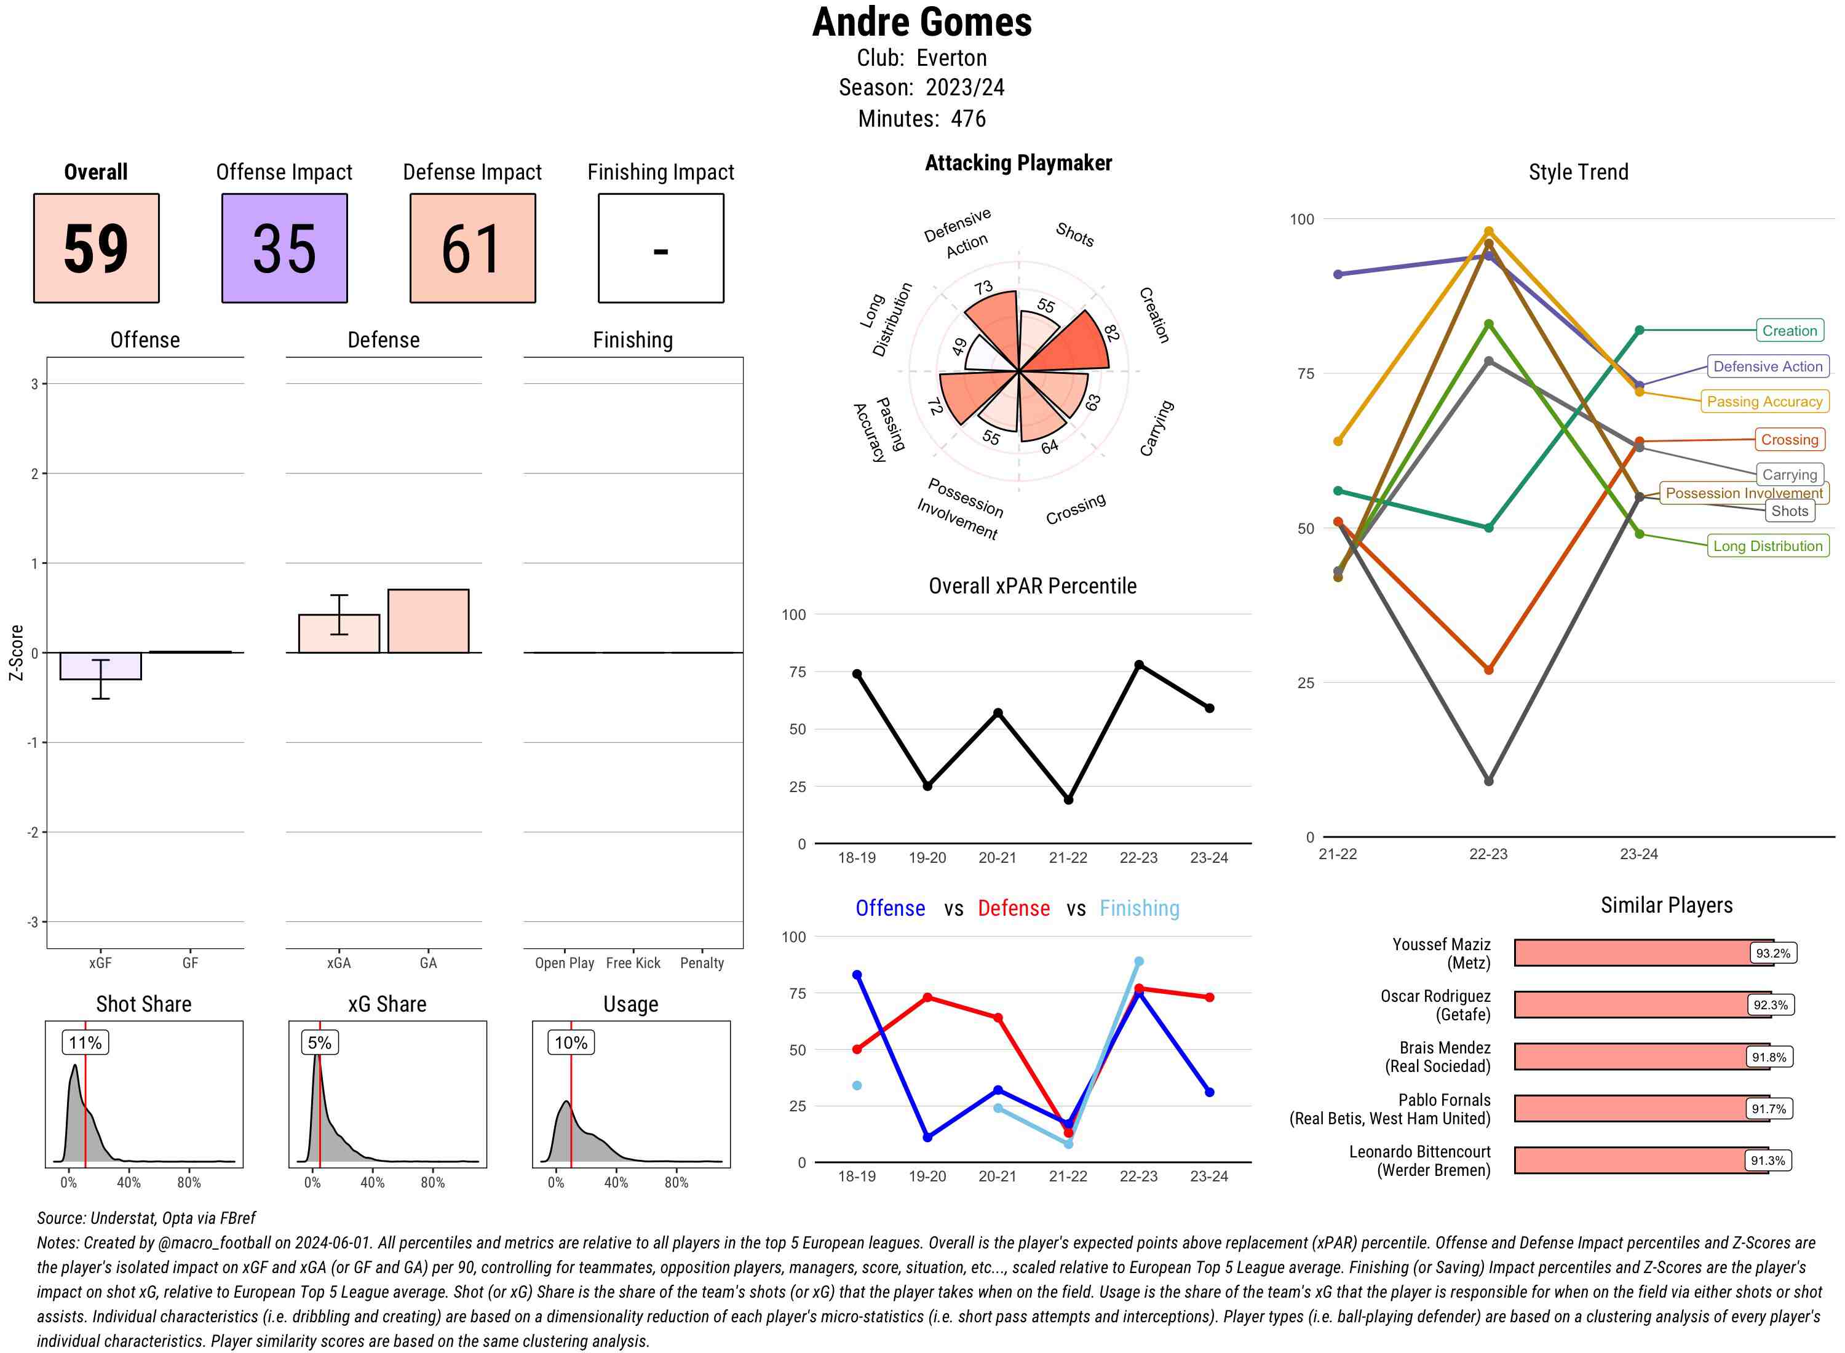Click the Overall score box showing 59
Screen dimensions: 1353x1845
coord(96,248)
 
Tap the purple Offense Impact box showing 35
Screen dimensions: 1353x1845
coord(284,248)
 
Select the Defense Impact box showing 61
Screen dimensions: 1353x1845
coord(472,248)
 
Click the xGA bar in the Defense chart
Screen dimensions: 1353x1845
coord(339,634)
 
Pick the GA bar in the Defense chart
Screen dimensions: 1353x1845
coord(428,621)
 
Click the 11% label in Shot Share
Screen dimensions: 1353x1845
coord(85,1042)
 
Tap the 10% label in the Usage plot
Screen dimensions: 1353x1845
coord(571,1042)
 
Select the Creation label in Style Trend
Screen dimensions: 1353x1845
coord(1789,331)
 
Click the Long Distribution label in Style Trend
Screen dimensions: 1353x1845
coord(1768,546)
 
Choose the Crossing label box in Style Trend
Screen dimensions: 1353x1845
coord(1789,440)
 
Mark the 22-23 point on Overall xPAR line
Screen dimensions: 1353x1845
coord(1139,665)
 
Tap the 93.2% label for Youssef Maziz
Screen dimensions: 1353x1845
coord(1773,953)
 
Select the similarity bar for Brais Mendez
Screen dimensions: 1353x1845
coord(1630,1057)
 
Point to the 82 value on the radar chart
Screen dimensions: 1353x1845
coord(1111,333)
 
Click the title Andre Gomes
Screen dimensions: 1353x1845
coord(922,22)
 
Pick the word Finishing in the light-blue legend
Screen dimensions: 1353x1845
coord(1139,908)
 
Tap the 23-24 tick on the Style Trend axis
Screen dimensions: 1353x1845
coord(1638,854)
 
